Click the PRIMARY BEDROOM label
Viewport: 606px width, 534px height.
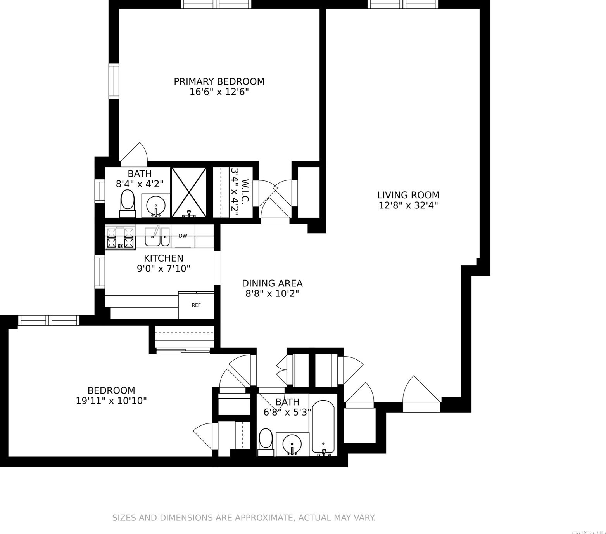(x=219, y=81)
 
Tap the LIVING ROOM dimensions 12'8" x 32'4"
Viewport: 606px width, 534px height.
(x=408, y=205)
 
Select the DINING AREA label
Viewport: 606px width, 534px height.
(x=272, y=283)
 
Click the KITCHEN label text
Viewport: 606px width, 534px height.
(x=163, y=258)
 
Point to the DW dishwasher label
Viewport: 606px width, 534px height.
(x=183, y=236)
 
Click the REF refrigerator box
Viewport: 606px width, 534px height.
(x=196, y=305)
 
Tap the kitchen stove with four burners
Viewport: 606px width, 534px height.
(x=120, y=238)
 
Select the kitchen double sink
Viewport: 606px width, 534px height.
(x=157, y=237)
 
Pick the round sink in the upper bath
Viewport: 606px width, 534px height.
(x=156, y=205)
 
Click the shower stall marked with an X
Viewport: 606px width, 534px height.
(x=189, y=192)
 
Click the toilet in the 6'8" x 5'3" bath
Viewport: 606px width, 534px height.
(x=266, y=442)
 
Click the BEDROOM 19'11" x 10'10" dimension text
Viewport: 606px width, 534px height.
(x=111, y=400)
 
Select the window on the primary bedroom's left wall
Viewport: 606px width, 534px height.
(x=114, y=81)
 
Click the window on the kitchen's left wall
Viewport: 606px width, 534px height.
(x=100, y=272)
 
